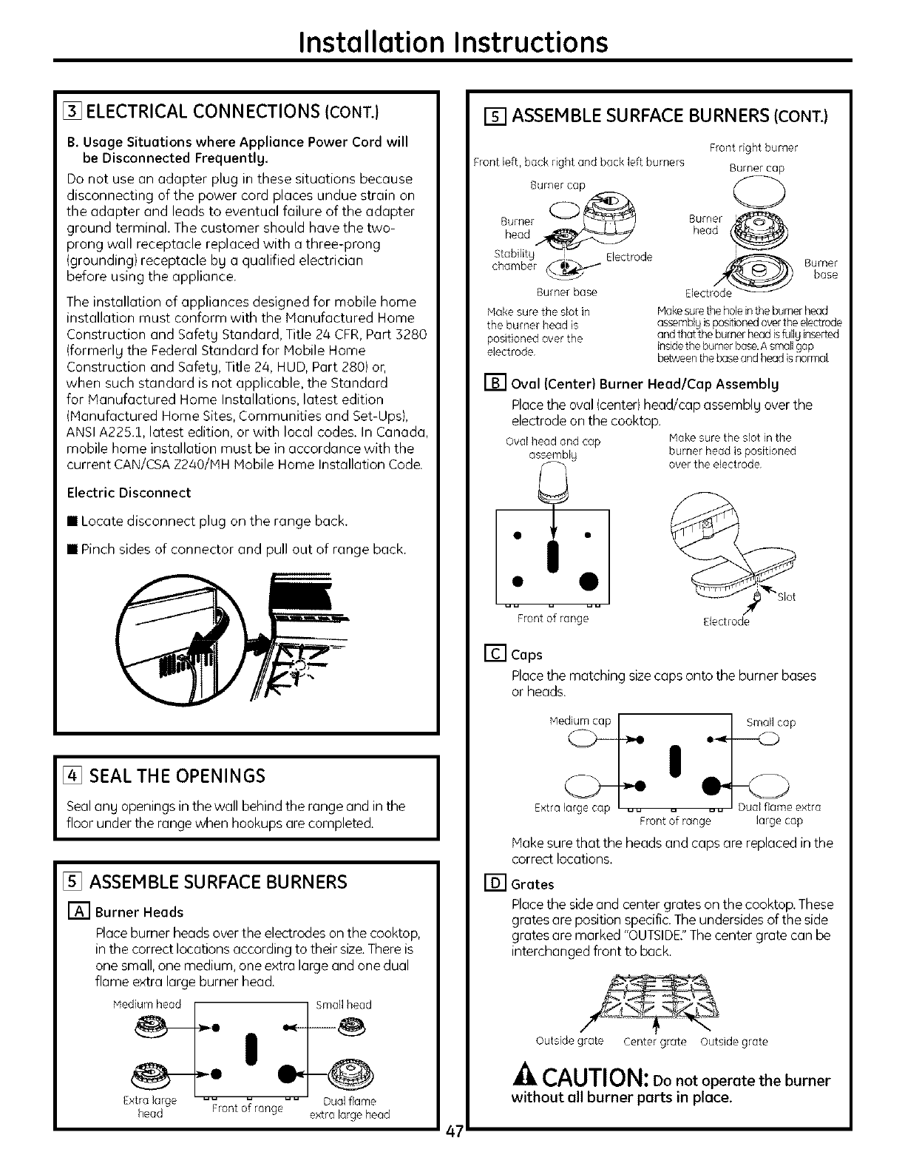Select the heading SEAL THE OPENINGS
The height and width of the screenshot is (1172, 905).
tap(177, 775)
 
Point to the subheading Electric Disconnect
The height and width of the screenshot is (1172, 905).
tap(129, 493)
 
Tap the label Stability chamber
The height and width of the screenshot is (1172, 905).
tap(514, 260)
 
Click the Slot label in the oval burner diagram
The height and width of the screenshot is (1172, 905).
tap(786, 597)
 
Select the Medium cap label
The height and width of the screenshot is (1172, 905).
tap(580, 721)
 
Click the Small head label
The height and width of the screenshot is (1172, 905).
tap(344, 1005)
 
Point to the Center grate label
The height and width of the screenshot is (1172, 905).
tap(655, 1042)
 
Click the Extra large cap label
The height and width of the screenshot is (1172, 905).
tap(572, 808)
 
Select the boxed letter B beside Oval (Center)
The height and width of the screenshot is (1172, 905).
tap(493, 384)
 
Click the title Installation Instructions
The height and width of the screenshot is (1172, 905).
tap(452, 41)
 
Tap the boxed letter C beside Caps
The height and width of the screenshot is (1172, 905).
tap(493, 654)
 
